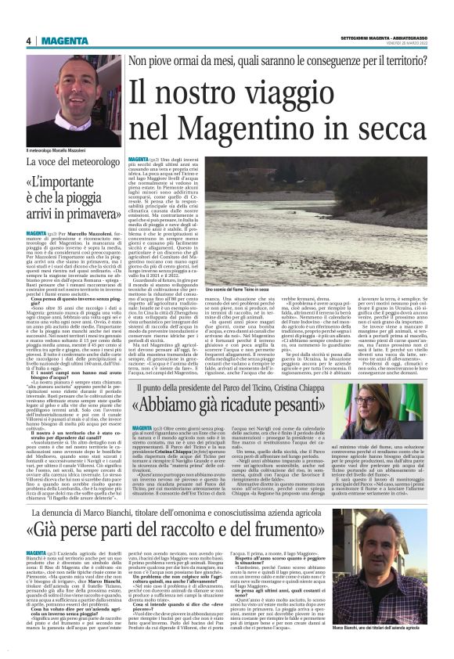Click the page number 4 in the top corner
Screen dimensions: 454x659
(x=27, y=41)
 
